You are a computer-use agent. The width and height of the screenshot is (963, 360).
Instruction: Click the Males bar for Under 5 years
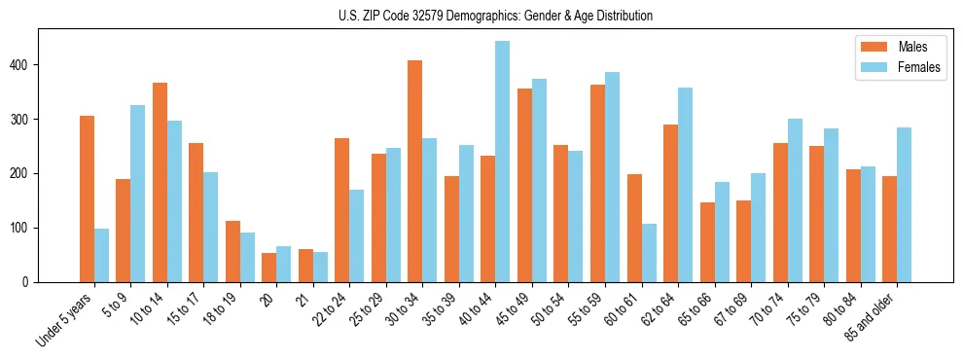[x=87, y=199]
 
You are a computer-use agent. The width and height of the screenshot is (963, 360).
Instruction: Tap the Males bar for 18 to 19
[x=232, y=251]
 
